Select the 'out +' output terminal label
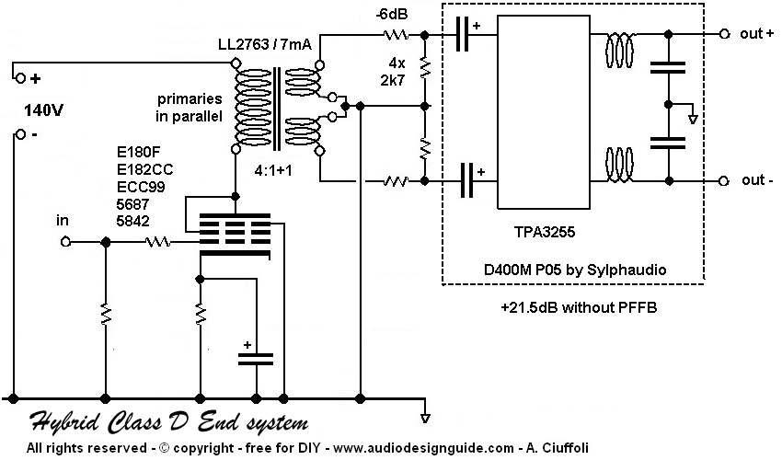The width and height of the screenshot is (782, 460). pos(756,33)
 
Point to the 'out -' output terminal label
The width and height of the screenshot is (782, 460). pos(757,180)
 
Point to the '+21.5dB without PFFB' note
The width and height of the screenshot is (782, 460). pos(570,305)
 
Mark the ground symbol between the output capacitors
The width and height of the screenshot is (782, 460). pos(694,115)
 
